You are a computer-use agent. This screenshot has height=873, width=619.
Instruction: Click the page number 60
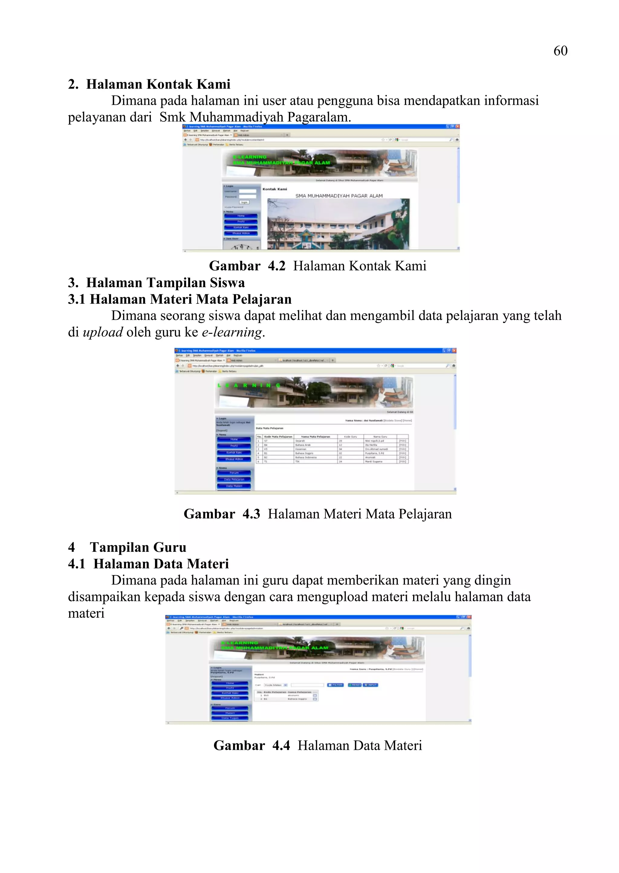[x=560, y=51]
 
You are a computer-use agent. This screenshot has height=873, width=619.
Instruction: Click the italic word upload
[x=103, y=332]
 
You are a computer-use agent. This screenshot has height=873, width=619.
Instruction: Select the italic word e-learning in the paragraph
[x=232, y=332]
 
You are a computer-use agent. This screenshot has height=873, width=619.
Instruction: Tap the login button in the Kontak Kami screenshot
[x=244, y=202]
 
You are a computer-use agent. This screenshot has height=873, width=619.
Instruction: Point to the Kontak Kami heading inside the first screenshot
[x=274, y=189]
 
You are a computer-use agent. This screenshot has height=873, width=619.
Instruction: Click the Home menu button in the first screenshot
[x=241, y=216]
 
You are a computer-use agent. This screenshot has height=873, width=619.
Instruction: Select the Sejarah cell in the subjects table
[x=301, y=441]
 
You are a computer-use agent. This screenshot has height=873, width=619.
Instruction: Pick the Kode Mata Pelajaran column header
[x=278, y=437]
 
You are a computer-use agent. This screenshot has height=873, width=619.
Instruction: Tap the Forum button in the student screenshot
[x=234, y=473]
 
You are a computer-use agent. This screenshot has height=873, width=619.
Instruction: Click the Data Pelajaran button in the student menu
[x=234, y=479]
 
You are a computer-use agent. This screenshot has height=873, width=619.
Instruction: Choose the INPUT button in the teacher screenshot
[x=371, y=685]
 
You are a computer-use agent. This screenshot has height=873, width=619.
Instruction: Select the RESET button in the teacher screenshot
[x=355, y=685]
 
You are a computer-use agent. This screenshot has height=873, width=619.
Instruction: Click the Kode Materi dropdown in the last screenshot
[x=276, y=685]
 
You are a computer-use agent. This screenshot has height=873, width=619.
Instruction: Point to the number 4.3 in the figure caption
[x=251, y=514]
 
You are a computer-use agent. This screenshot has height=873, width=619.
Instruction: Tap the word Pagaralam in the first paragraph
[x=319, y=117]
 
